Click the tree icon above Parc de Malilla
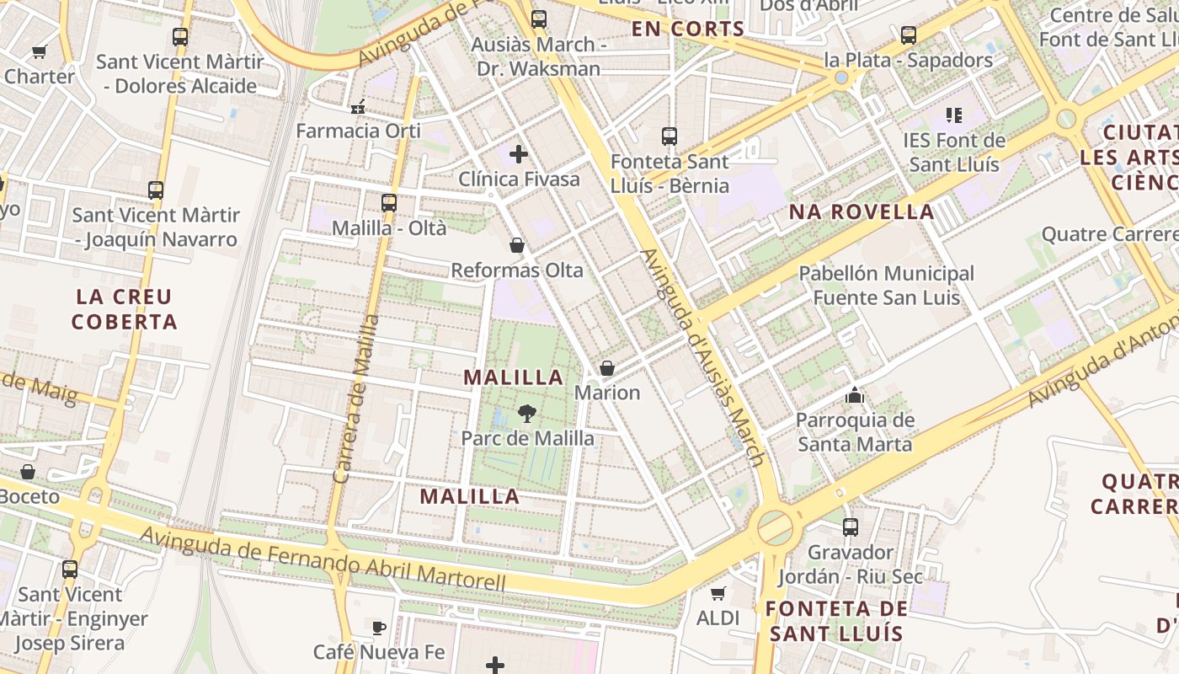click(x=527, y=413)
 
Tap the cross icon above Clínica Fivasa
click(x=519, y=154)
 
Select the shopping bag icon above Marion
click(x=606, y=368)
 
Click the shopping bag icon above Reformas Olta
click(x=517, y=245)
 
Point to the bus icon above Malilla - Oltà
click(x=388, y=202)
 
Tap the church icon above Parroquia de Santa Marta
click(x=855, y=394)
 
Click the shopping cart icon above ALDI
click(x=718, y=593)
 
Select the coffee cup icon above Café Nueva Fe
click(x=379, y=627)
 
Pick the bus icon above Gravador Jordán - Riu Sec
click(x=851, y=527)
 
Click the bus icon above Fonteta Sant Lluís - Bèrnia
click(x=670, y=136)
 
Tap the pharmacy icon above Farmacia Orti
click(x=358, y=106)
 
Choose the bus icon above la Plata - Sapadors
click(x=908, y=35)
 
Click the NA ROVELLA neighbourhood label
click(x=862, y=212)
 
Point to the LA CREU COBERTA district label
click(x=125, y=309)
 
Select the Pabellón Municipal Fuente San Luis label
click(x=886, y=286)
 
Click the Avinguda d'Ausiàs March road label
click(x=703, y=357)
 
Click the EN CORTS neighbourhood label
click(x=688, y=29)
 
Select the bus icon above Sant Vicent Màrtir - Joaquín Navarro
click(x=156, y=190)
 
